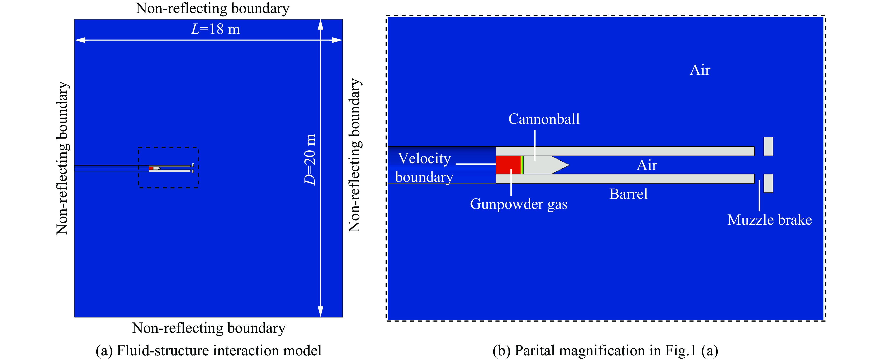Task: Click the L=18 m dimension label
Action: tap(215, 29)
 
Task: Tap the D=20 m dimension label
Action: tap(310, 160)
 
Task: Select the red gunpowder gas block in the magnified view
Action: tap(508, 165)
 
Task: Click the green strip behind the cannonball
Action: tap(522, 165)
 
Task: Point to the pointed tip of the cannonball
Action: tap(569, 165)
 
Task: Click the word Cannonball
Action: tap(544, 119)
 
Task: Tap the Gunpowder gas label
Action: tap(519, 204)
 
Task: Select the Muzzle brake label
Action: tap(770, 220)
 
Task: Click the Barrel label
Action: tap(628, 194)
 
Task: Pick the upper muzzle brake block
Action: tap(768, 146)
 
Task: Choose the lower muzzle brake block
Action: tap(768, 183)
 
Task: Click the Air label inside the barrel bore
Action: tap(647, 165)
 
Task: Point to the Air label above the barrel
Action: tap(700, 70)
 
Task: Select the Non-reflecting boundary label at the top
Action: tap(213, 8)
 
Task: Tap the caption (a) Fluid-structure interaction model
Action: tap(208, 350)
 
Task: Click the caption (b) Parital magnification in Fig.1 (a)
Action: tap(605, 350)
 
